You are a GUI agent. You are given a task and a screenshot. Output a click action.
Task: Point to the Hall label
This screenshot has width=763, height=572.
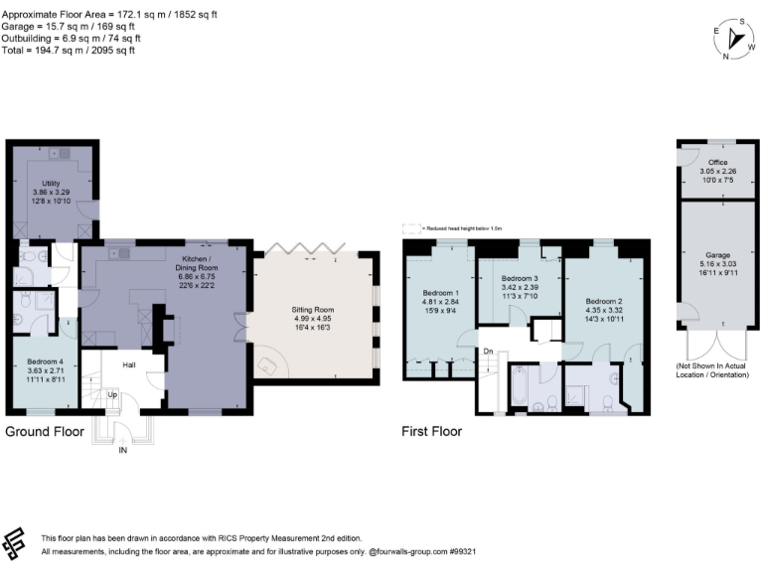click(129, 365)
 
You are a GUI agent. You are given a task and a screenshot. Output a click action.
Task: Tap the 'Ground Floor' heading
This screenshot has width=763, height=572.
click(45, 432)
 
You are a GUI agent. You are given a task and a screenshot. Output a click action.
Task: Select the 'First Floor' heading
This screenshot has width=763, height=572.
click(431, 432)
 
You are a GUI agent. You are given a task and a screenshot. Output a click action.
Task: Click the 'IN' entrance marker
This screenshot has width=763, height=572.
click(123, 450)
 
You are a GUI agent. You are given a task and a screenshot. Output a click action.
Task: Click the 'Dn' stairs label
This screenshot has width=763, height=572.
click(488, 352)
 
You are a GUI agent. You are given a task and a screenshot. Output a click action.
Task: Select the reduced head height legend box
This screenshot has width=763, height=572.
click(407, 227)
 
